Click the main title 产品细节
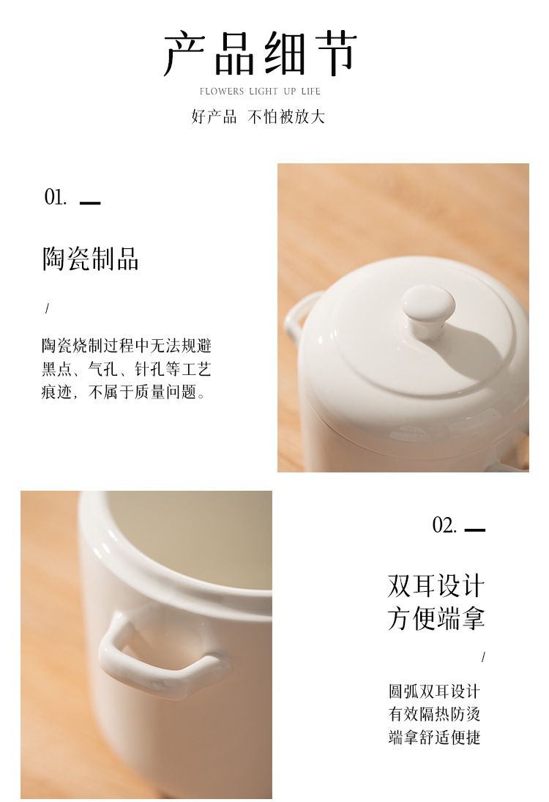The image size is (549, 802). click(260, 53)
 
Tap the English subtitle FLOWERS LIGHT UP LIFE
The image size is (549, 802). click(260, 91)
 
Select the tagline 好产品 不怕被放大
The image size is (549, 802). click(258, 116)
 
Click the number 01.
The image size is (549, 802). click(55, 197)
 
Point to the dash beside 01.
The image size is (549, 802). click(90, 203)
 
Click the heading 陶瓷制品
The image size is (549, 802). click(91, 259)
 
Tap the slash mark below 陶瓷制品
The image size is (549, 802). click(47, 308)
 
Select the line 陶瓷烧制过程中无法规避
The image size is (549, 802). click(126, 346)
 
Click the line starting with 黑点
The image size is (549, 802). click(126, 369)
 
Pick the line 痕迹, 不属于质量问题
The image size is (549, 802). click(123, 393)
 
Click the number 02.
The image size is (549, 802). click(444, 525)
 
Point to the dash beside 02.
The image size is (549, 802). click(475, 530)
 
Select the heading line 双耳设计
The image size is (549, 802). click(436, 586)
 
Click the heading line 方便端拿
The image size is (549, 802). click(436, 618)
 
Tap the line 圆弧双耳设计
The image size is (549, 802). click(434, 691)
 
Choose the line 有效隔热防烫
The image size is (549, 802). click(434, 714)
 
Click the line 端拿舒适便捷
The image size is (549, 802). click(434, 737)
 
